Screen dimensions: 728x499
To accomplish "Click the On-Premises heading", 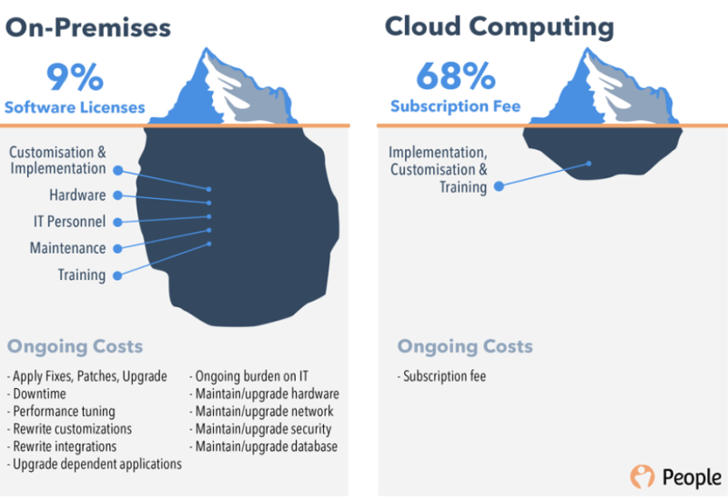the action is pos(88,27).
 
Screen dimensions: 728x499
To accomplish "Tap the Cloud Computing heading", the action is pos(500,27).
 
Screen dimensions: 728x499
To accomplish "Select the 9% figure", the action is pos(75,77).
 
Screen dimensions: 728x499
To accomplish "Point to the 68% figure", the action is pos(456,75).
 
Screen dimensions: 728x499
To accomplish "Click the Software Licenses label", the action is pos(75,107).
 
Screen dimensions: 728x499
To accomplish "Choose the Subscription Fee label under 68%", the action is pos(456,106).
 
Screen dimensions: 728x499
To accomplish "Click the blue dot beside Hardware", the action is pos(118,195).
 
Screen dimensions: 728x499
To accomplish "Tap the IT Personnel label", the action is pos(70,222).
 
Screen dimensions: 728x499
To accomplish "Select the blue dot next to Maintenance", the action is pos(118,249).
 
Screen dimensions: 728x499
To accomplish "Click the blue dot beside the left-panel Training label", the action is pos(118,276).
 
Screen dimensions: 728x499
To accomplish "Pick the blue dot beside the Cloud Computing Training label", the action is pos(499,186).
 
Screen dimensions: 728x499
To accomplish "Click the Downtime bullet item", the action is pos(36,394).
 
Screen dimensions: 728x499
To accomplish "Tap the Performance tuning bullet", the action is pos(61,412).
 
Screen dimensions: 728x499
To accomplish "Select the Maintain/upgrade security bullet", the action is pos(260,429).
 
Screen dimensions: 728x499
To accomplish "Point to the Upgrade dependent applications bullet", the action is pos(95,464).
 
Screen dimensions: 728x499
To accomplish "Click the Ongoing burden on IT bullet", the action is pos(248,376).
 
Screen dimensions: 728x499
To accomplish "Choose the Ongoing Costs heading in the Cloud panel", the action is pos(465,346).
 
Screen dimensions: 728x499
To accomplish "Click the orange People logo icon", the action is pos(642,476).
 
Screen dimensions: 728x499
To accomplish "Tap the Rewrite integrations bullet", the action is pos(62,446).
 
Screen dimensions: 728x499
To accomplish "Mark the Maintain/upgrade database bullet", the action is pos(264,446).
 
